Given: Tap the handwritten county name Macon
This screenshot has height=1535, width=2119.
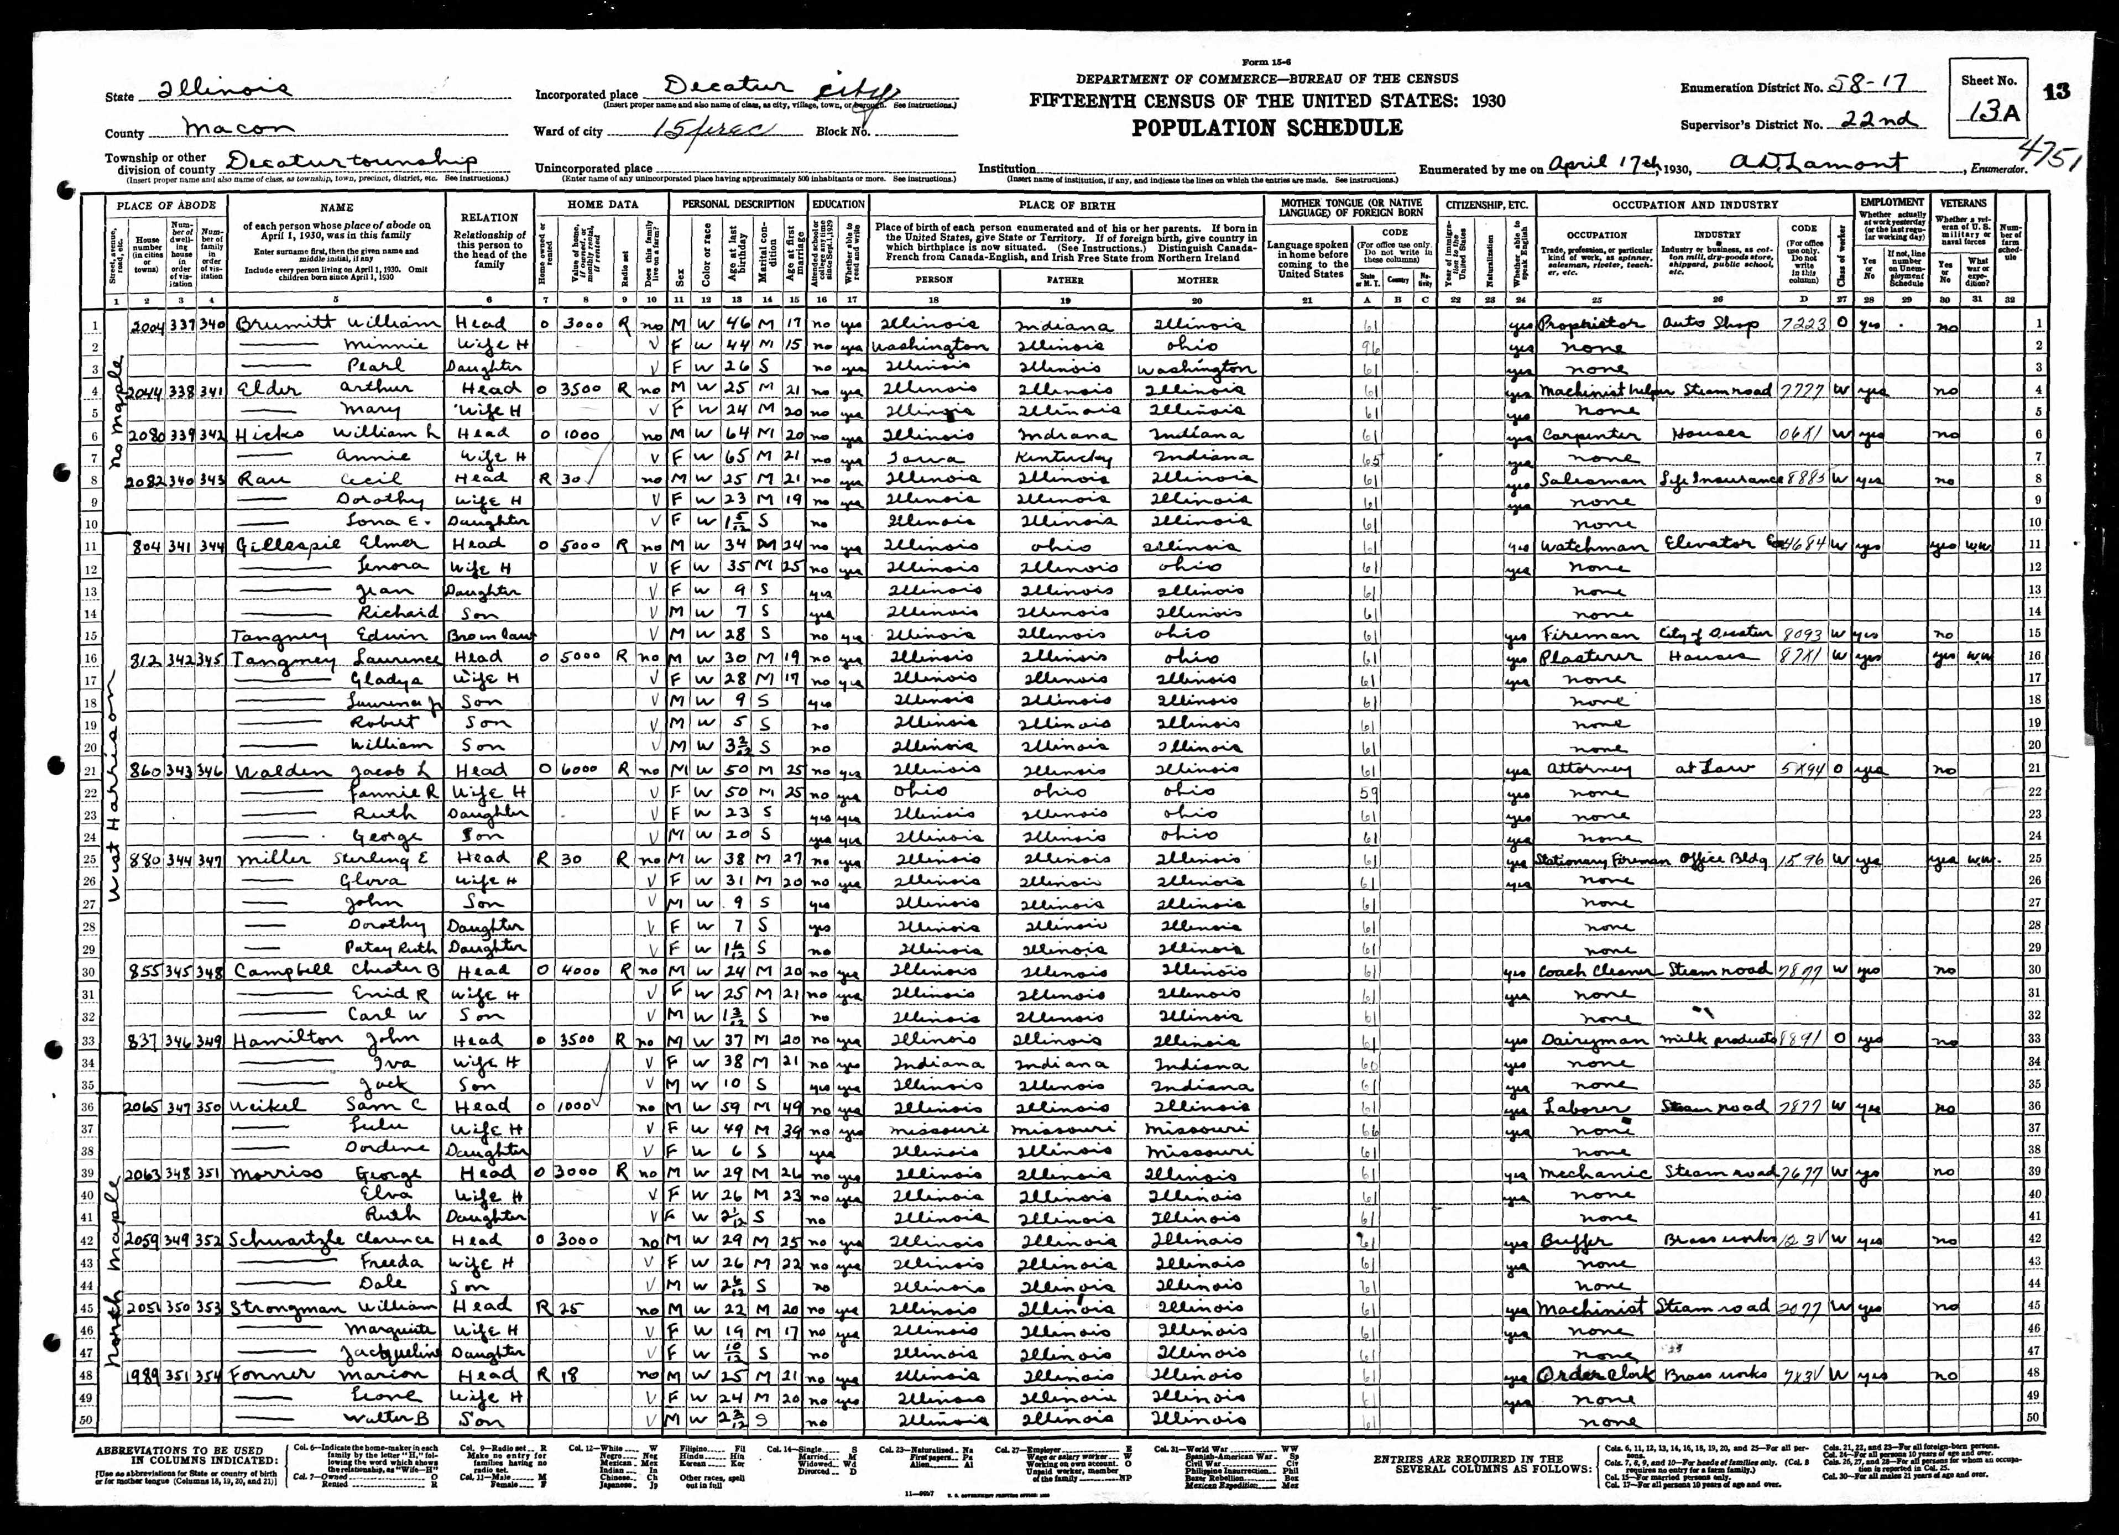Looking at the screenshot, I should click(x=238, y=128).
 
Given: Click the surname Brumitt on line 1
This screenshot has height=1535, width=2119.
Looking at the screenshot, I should click(x=287, y=323).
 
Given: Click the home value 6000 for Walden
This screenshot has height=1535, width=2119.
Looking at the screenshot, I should click(x=584, y=770).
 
